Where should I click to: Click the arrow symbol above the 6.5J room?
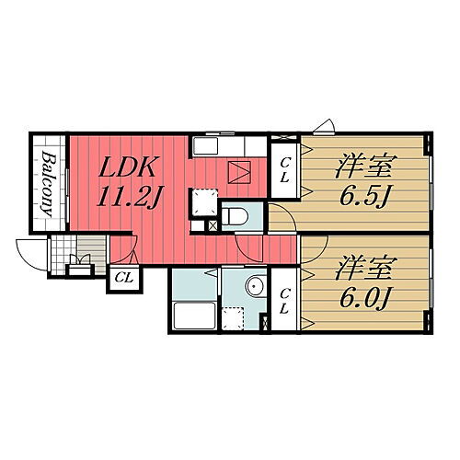pos(323,128)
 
